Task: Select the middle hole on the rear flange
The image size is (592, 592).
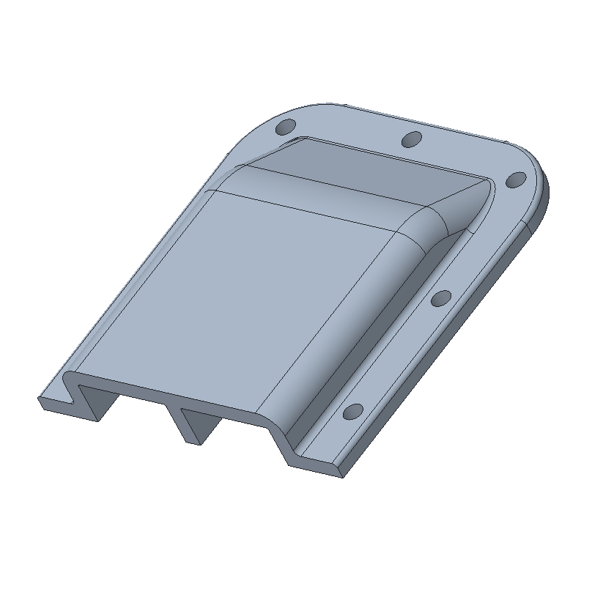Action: coord(413,138)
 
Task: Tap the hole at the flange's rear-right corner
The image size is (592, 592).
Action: coord(516,179)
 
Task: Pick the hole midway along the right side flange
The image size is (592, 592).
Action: coord(441,298)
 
